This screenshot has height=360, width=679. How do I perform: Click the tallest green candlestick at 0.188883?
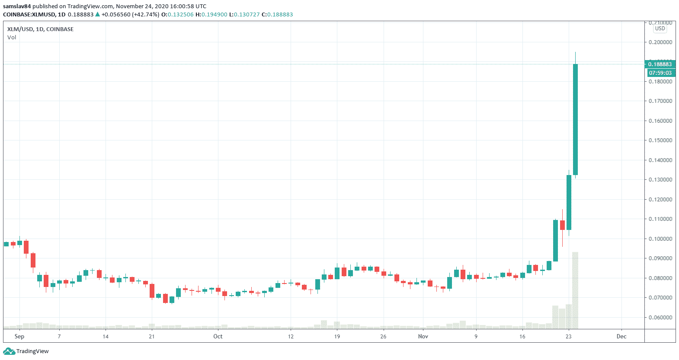575,119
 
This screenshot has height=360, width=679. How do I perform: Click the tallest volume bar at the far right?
575,290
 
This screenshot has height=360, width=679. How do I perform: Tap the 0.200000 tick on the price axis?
660,42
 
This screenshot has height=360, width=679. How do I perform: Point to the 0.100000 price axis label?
660,239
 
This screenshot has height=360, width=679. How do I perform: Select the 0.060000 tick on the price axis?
660,317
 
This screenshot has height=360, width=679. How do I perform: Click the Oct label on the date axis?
218,336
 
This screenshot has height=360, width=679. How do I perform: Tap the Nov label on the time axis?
423,336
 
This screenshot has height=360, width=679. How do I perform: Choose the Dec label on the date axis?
621,336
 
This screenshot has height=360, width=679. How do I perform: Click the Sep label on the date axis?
19,336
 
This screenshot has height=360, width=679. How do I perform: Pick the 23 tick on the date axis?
569,336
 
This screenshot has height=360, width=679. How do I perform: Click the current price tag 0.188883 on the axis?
660,64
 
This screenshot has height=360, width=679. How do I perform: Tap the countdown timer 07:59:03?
660,73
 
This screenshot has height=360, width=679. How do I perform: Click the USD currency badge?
660,29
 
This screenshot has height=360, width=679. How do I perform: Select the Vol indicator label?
12,38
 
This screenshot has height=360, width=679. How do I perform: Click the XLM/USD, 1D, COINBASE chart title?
40,29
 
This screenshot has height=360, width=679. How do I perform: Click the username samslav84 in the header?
17,6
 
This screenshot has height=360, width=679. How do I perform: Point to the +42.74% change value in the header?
146,15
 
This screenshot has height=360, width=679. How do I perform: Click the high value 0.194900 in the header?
214,15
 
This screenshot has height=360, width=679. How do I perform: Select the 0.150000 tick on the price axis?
660,140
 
